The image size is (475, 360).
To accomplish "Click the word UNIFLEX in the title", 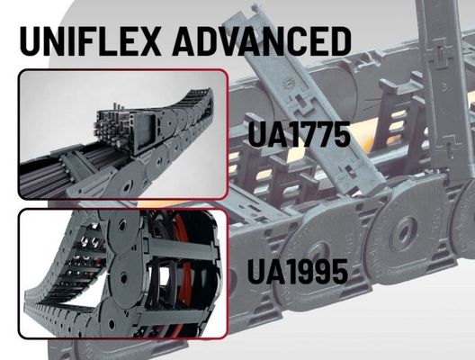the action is point(90,40).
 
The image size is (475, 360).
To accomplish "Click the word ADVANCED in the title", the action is point(262,40).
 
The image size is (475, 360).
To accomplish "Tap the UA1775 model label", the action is point(299,134).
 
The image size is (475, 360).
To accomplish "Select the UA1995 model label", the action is point(298,272).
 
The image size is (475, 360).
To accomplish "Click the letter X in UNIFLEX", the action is point(148,40).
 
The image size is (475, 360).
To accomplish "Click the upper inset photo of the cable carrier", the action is point(122,134).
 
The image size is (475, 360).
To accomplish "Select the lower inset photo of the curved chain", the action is point(122,274).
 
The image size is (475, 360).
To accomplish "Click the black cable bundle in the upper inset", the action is point(50,171).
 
